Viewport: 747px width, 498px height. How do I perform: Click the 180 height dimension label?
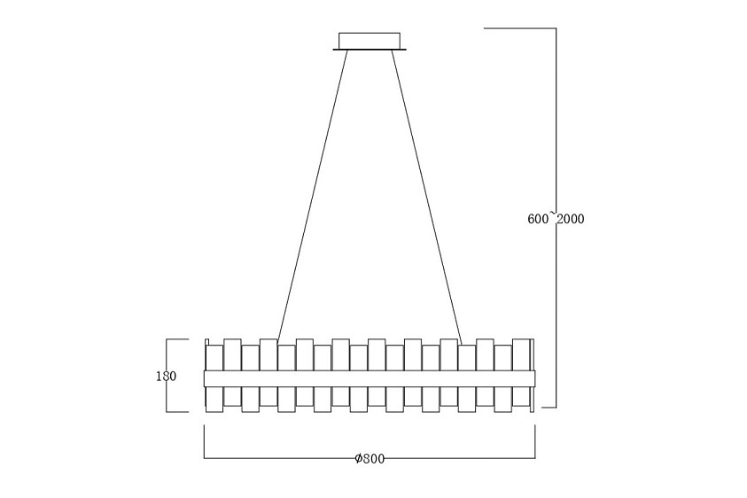click(167, 376)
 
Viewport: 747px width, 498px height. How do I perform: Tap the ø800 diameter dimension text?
click(370, 458)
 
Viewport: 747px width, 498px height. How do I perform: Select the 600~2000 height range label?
click(556, 219)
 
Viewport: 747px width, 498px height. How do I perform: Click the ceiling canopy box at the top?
click(370, 40)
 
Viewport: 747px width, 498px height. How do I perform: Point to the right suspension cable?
click(426, 197)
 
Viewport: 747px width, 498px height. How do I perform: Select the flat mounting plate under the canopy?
click(370, 49)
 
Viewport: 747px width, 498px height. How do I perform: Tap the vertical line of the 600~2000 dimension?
click(556, 218)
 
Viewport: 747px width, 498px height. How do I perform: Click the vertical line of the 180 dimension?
click(167, 376)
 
